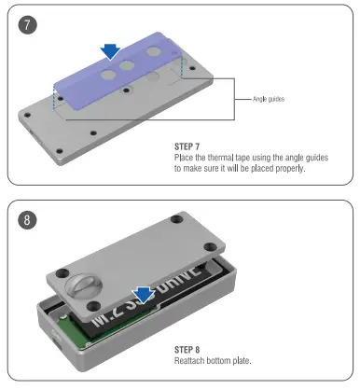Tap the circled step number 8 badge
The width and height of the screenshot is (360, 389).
(31, 220)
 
